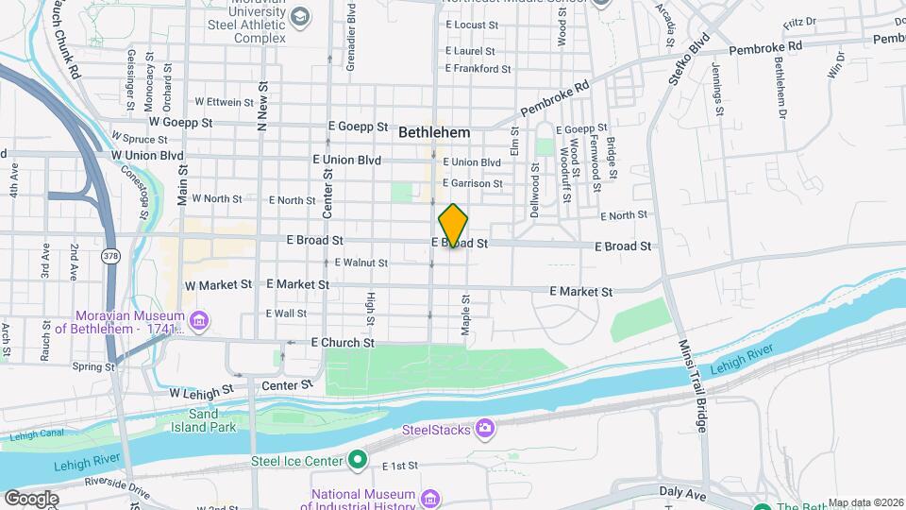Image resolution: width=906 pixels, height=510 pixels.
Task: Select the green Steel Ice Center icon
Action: (x=357, y=461)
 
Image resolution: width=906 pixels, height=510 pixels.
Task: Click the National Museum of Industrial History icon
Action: (x=430, y=498)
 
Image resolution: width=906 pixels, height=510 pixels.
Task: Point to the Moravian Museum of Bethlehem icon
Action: (x=199, y=322)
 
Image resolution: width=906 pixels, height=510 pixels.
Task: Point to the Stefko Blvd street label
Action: (x=689, y=60)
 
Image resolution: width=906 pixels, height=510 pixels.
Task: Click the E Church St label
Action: (x=343, y=342)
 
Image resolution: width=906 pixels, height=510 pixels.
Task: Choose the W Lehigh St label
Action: (x=201, y=390)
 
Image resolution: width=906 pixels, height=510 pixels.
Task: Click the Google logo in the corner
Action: (x=30, y=499)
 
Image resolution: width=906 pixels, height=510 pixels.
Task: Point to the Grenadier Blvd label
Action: (x=351, y=24)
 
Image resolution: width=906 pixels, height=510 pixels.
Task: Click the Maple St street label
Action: (x=465, y=311)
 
